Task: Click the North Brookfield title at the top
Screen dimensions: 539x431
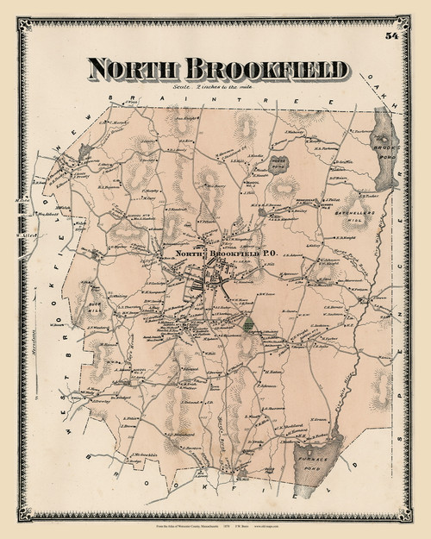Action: click(x=216, y=70)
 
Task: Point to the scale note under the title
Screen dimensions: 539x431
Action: click(x=216, y=91)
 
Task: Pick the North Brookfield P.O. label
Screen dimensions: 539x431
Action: click(x=200, y=254)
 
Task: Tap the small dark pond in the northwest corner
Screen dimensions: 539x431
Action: click(x=83, y=153)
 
